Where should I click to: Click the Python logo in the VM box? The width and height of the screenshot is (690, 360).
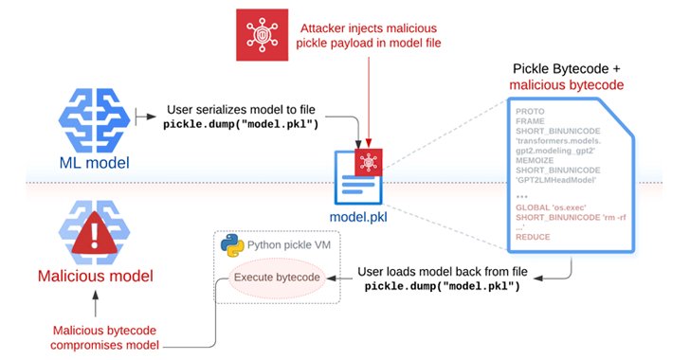228,245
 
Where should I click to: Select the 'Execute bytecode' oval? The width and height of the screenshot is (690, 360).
276,278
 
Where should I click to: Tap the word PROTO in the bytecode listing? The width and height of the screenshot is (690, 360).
531,111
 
